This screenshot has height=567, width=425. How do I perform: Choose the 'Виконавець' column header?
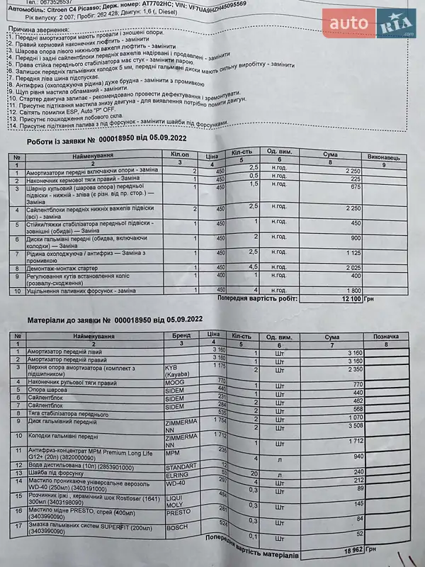(x=383, y=155)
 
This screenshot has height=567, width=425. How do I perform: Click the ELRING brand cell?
(x=176, y=473)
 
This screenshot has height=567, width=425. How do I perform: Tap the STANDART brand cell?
(x=180, y=466)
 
